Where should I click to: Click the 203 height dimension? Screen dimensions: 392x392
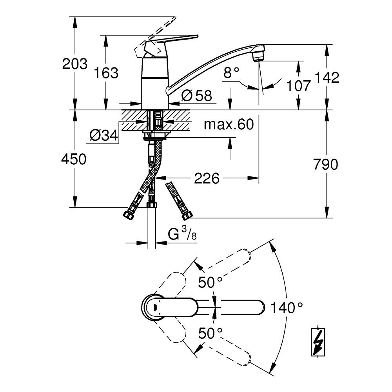(x=75, y=64)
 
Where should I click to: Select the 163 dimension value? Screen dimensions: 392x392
(x=106, y=73)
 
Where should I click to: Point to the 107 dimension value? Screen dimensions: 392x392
(x=298, y=85)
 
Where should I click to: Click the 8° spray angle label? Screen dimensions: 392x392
(x=231, y=73)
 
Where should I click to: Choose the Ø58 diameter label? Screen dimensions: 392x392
(x=196, y=95)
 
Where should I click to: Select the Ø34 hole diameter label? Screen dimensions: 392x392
(x=104, y=136)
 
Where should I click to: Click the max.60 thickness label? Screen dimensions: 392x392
(x=229, y=124)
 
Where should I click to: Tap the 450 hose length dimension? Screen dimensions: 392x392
(x=74, y=159)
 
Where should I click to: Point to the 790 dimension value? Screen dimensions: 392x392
(x=326, y=165)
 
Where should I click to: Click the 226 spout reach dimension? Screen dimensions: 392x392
(x=207, y=178)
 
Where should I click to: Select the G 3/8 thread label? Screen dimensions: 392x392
(x=182, y=234)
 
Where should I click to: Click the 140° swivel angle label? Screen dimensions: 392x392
(x=287, y=307)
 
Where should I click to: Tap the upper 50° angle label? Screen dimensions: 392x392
(x=210, y=283)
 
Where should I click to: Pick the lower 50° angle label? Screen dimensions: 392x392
(x=210, y=333)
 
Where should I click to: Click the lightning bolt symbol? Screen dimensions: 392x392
(x=318, y=342)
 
